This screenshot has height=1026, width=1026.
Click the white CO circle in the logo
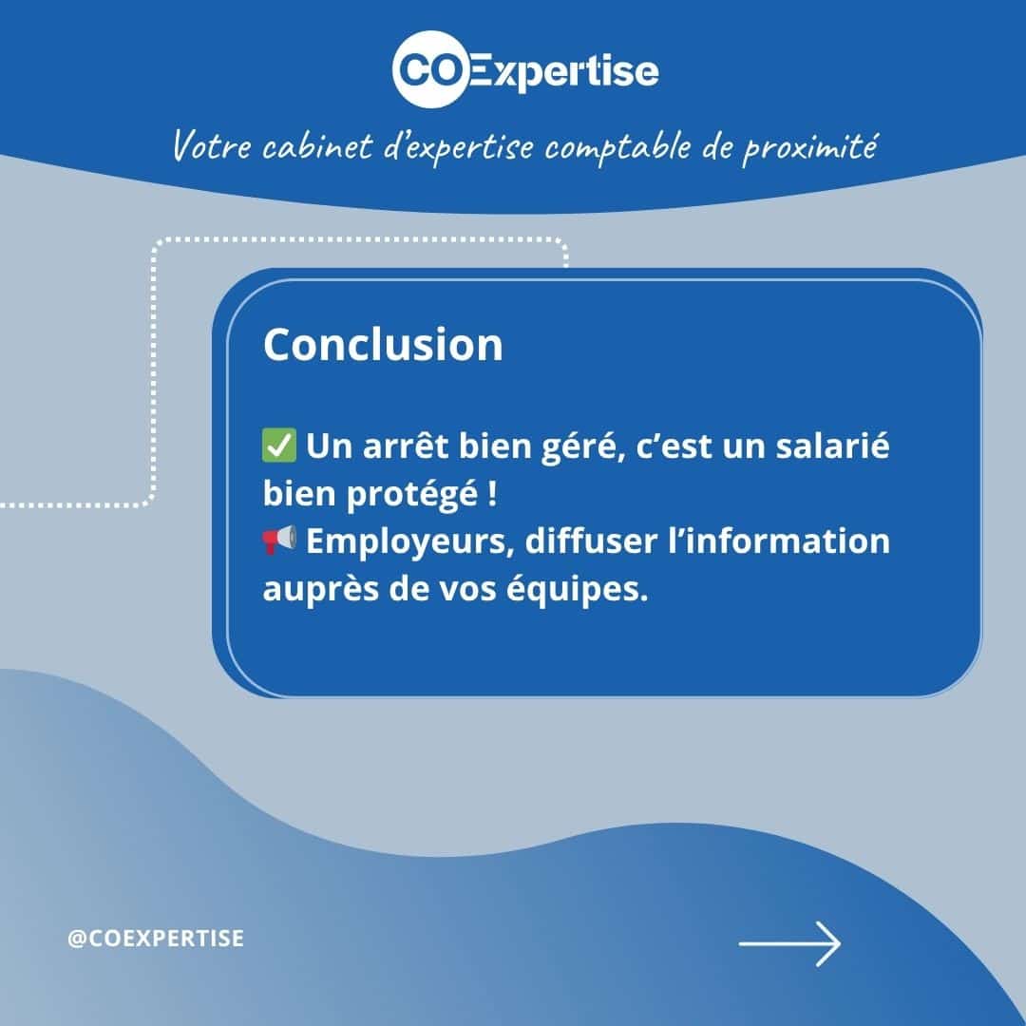click(431, 68)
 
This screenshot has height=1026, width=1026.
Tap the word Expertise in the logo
click(564, 72)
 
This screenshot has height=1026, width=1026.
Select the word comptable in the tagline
click(617, 146)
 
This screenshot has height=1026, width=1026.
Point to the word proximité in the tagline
click(809, 147)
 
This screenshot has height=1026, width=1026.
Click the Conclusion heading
click(383, 344)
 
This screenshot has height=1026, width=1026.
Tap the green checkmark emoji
click(278, 446)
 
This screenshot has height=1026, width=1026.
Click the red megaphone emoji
click(278, 541)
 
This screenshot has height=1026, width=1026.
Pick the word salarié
click(832, 445)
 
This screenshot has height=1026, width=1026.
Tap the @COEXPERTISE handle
click(156, 939)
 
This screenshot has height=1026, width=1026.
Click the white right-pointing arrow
click(789, 943)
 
